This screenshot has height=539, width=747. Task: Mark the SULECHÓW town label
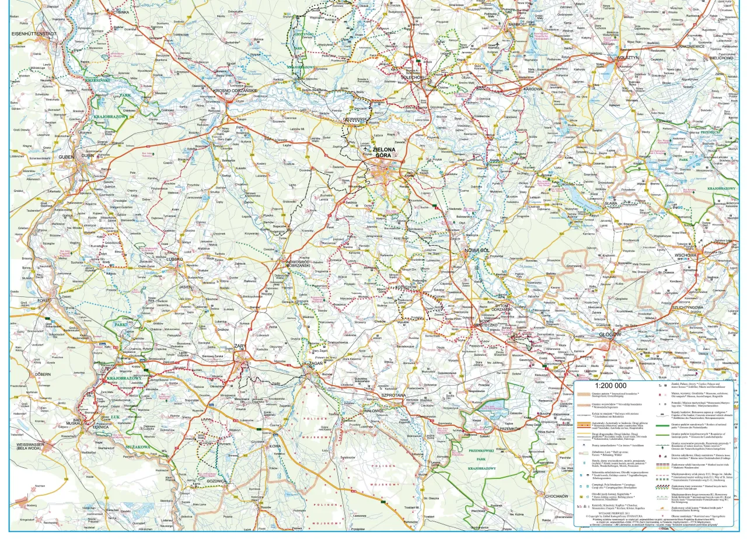pyautogui.click(x=415, y=76)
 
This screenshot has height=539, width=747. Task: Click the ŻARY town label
pyautogui.click(x=240, y=346)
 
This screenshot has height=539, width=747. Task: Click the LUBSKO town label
pyautogui.click(x=174, y=258)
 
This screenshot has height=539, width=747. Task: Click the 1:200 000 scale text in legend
pyautogui.click(x=610, y=386)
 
